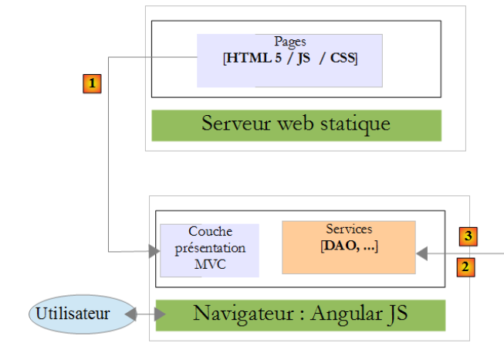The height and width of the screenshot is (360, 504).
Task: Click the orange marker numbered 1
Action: coord(92,81)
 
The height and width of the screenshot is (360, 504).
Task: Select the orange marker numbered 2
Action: coord(465,267)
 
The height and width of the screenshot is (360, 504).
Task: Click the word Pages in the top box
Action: coord(289,42)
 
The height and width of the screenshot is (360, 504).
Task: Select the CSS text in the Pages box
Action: coord(343,58)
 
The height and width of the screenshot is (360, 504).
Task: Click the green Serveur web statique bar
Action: coord(296,125)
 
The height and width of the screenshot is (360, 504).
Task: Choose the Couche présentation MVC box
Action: coord(209,250)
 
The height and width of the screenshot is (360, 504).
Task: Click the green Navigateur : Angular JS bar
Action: coord(300,314)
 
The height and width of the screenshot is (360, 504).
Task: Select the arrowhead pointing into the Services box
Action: coord(421,252)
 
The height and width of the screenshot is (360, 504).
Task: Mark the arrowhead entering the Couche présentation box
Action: coord(154,250)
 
